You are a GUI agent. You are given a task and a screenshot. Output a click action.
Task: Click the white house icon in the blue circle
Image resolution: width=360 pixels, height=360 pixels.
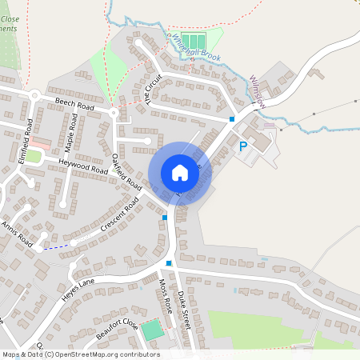(179, 172)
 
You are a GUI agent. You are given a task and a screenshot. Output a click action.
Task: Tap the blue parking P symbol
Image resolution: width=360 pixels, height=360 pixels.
(243, 146)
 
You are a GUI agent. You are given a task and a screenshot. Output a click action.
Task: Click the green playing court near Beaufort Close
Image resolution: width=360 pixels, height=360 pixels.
(152, 329)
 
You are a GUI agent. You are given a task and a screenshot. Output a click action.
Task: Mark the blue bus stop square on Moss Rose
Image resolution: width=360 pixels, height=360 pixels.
(169, 262)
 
